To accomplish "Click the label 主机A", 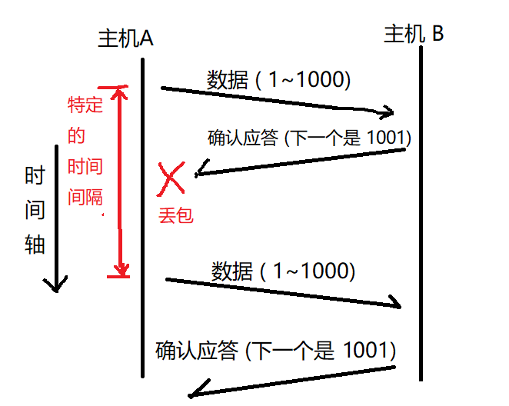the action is tap(126, 38).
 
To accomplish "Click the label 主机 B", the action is tap(413, 35).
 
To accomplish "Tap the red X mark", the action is tap(171, 178).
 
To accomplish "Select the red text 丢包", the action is tap(175, 215).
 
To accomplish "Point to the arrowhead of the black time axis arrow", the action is tap(55, 285).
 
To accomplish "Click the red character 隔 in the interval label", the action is tap(94, 197).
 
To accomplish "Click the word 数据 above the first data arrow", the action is tap(228, 80).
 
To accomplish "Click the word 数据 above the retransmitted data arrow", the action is tap(231, 271).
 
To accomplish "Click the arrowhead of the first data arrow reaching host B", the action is tap(389, 111).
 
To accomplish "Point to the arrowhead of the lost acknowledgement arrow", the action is tap(201, 170).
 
